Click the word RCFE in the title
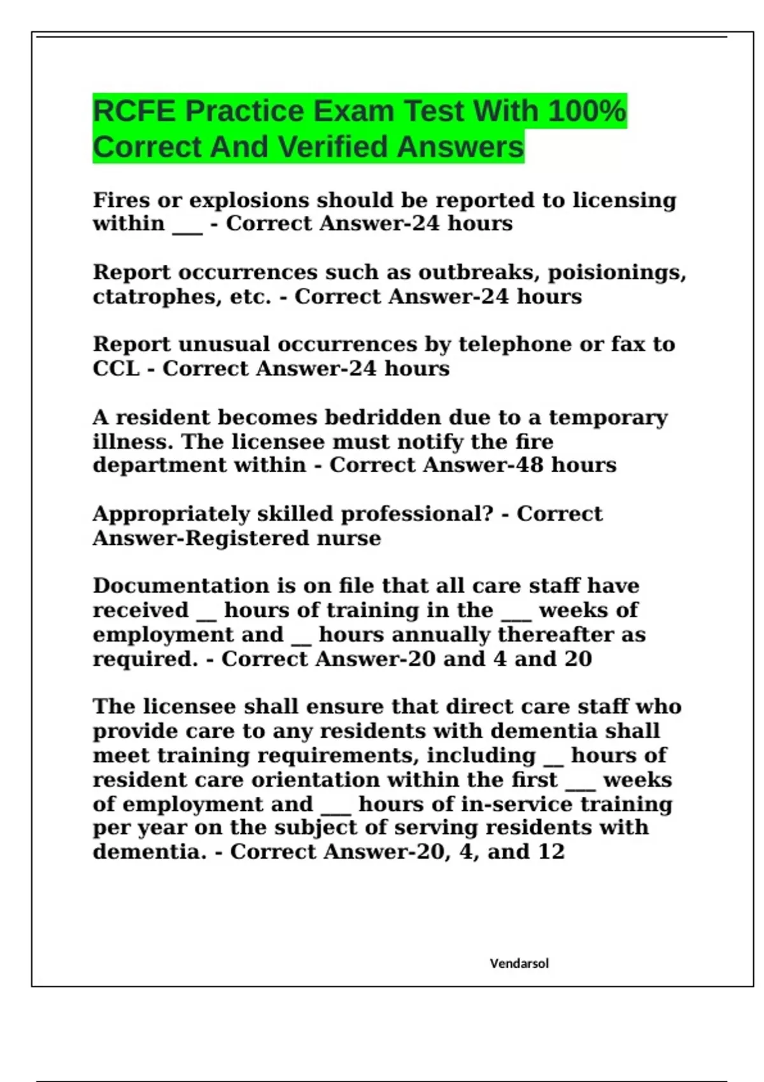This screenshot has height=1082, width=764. [x=134, y=111]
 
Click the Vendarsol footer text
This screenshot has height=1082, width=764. [x=519, y=964]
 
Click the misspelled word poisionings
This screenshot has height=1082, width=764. [x=616, y=273]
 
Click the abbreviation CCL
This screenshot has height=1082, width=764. [x=116, y=369]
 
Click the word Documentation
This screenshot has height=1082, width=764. [x=181, y=586]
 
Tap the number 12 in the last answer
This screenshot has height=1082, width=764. [x=551, y=852]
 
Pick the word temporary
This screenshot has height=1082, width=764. [x=608, y=418]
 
